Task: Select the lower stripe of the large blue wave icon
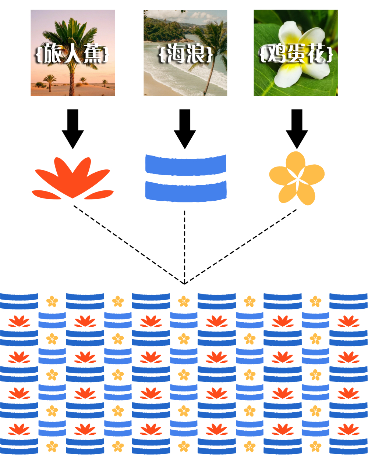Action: pyautogui.click(x=186, y=191)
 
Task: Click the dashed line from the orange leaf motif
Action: pyautogui.click(x=129, y=245)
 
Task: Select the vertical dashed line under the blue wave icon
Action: pyautogui.click(x=185, y=246)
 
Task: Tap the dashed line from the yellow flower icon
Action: pyautogui.click(x=241, y=246)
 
